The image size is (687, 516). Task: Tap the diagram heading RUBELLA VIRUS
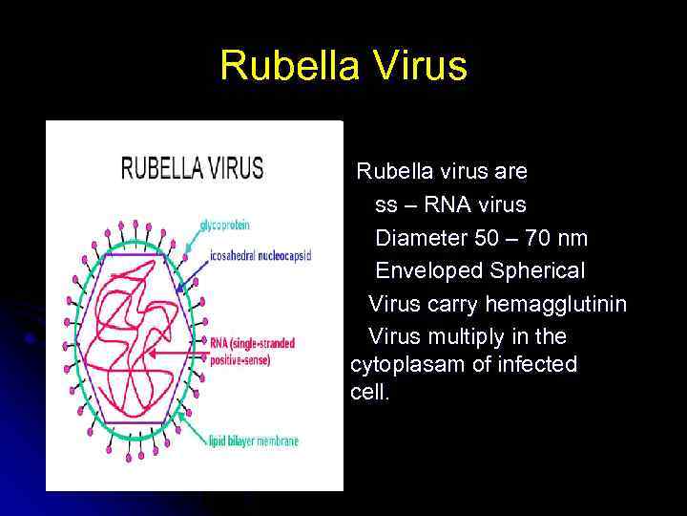(x=191, y=168)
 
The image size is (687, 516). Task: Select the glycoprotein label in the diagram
(x=224, y=226)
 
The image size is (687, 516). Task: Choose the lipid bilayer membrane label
(x=253, y=441)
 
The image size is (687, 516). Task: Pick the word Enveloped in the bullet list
(x=429, y=270)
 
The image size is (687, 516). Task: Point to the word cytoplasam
(x=406, y=365)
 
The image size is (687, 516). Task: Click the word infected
(x=543, y=365)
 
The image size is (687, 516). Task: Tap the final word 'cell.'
(x=370, y=393)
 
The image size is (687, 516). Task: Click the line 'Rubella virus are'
(x=442, y=172)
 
